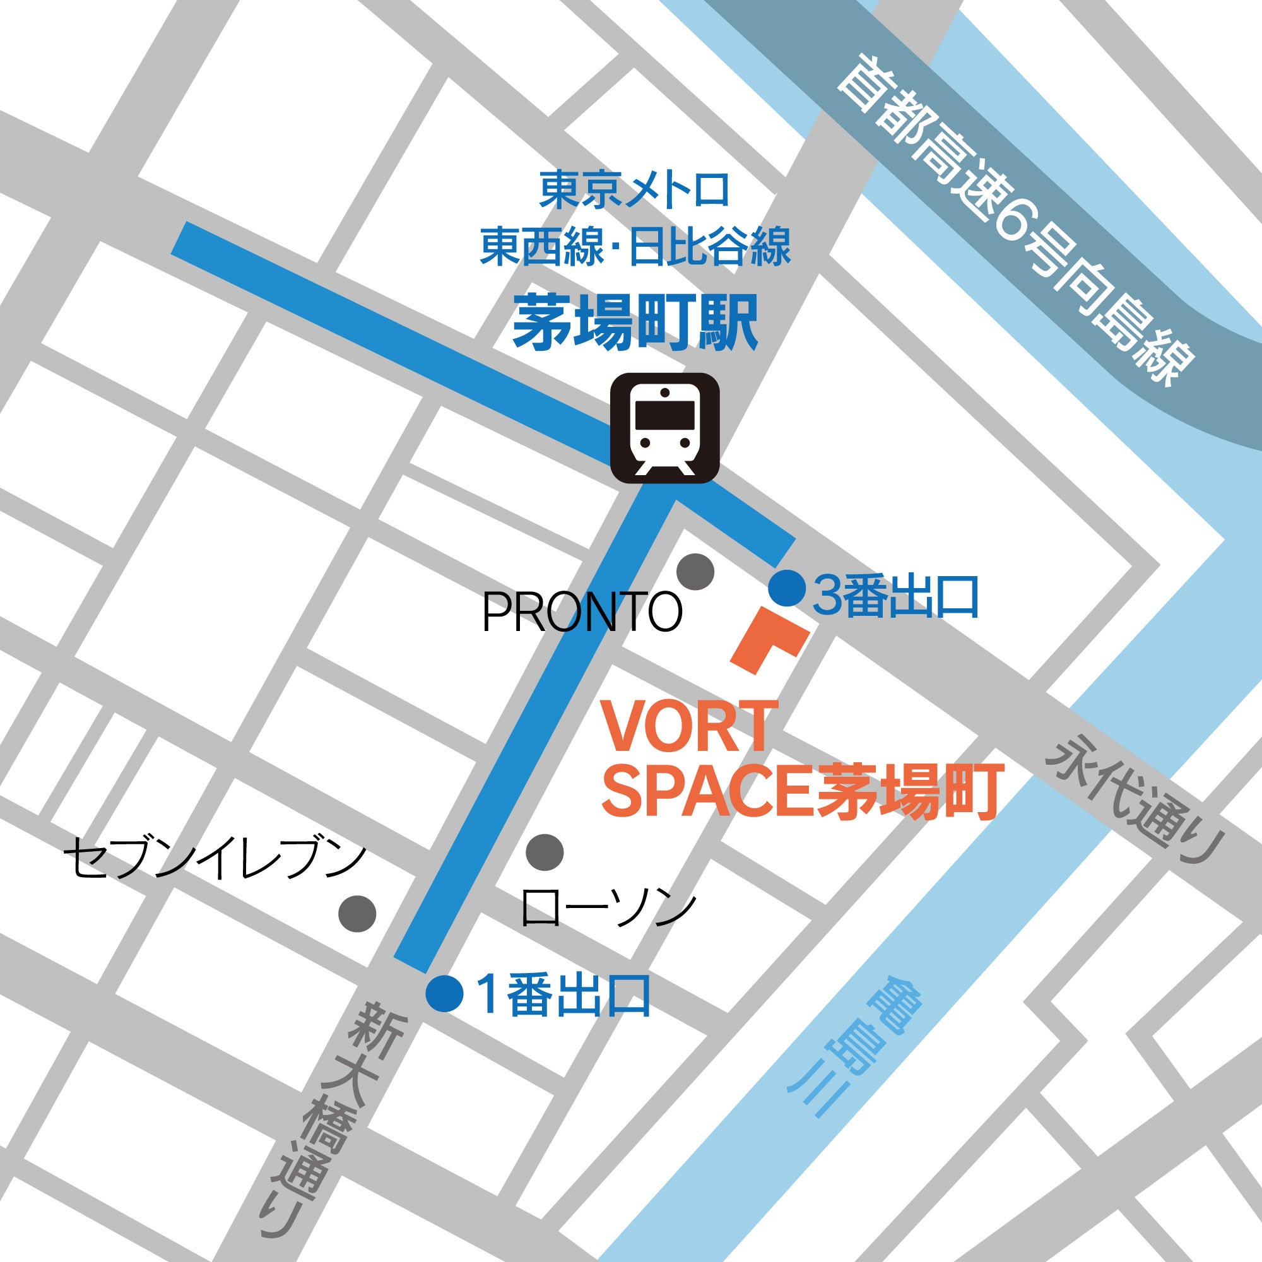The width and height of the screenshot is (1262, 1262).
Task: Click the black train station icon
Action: [664, 428]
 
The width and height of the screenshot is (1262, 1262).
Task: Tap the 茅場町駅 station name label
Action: [635, 322]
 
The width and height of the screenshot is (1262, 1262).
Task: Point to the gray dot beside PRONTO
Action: [695, 572]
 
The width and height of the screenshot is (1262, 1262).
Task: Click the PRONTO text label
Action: [582, 612]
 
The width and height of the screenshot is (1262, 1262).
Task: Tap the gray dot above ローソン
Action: [545, 852]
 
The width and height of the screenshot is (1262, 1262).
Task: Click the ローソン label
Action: [608, 909]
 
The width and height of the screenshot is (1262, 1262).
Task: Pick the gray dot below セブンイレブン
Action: [357, 912]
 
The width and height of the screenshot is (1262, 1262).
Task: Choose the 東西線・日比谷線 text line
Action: [635, 246]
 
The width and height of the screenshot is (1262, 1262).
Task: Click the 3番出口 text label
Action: [895, 596]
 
